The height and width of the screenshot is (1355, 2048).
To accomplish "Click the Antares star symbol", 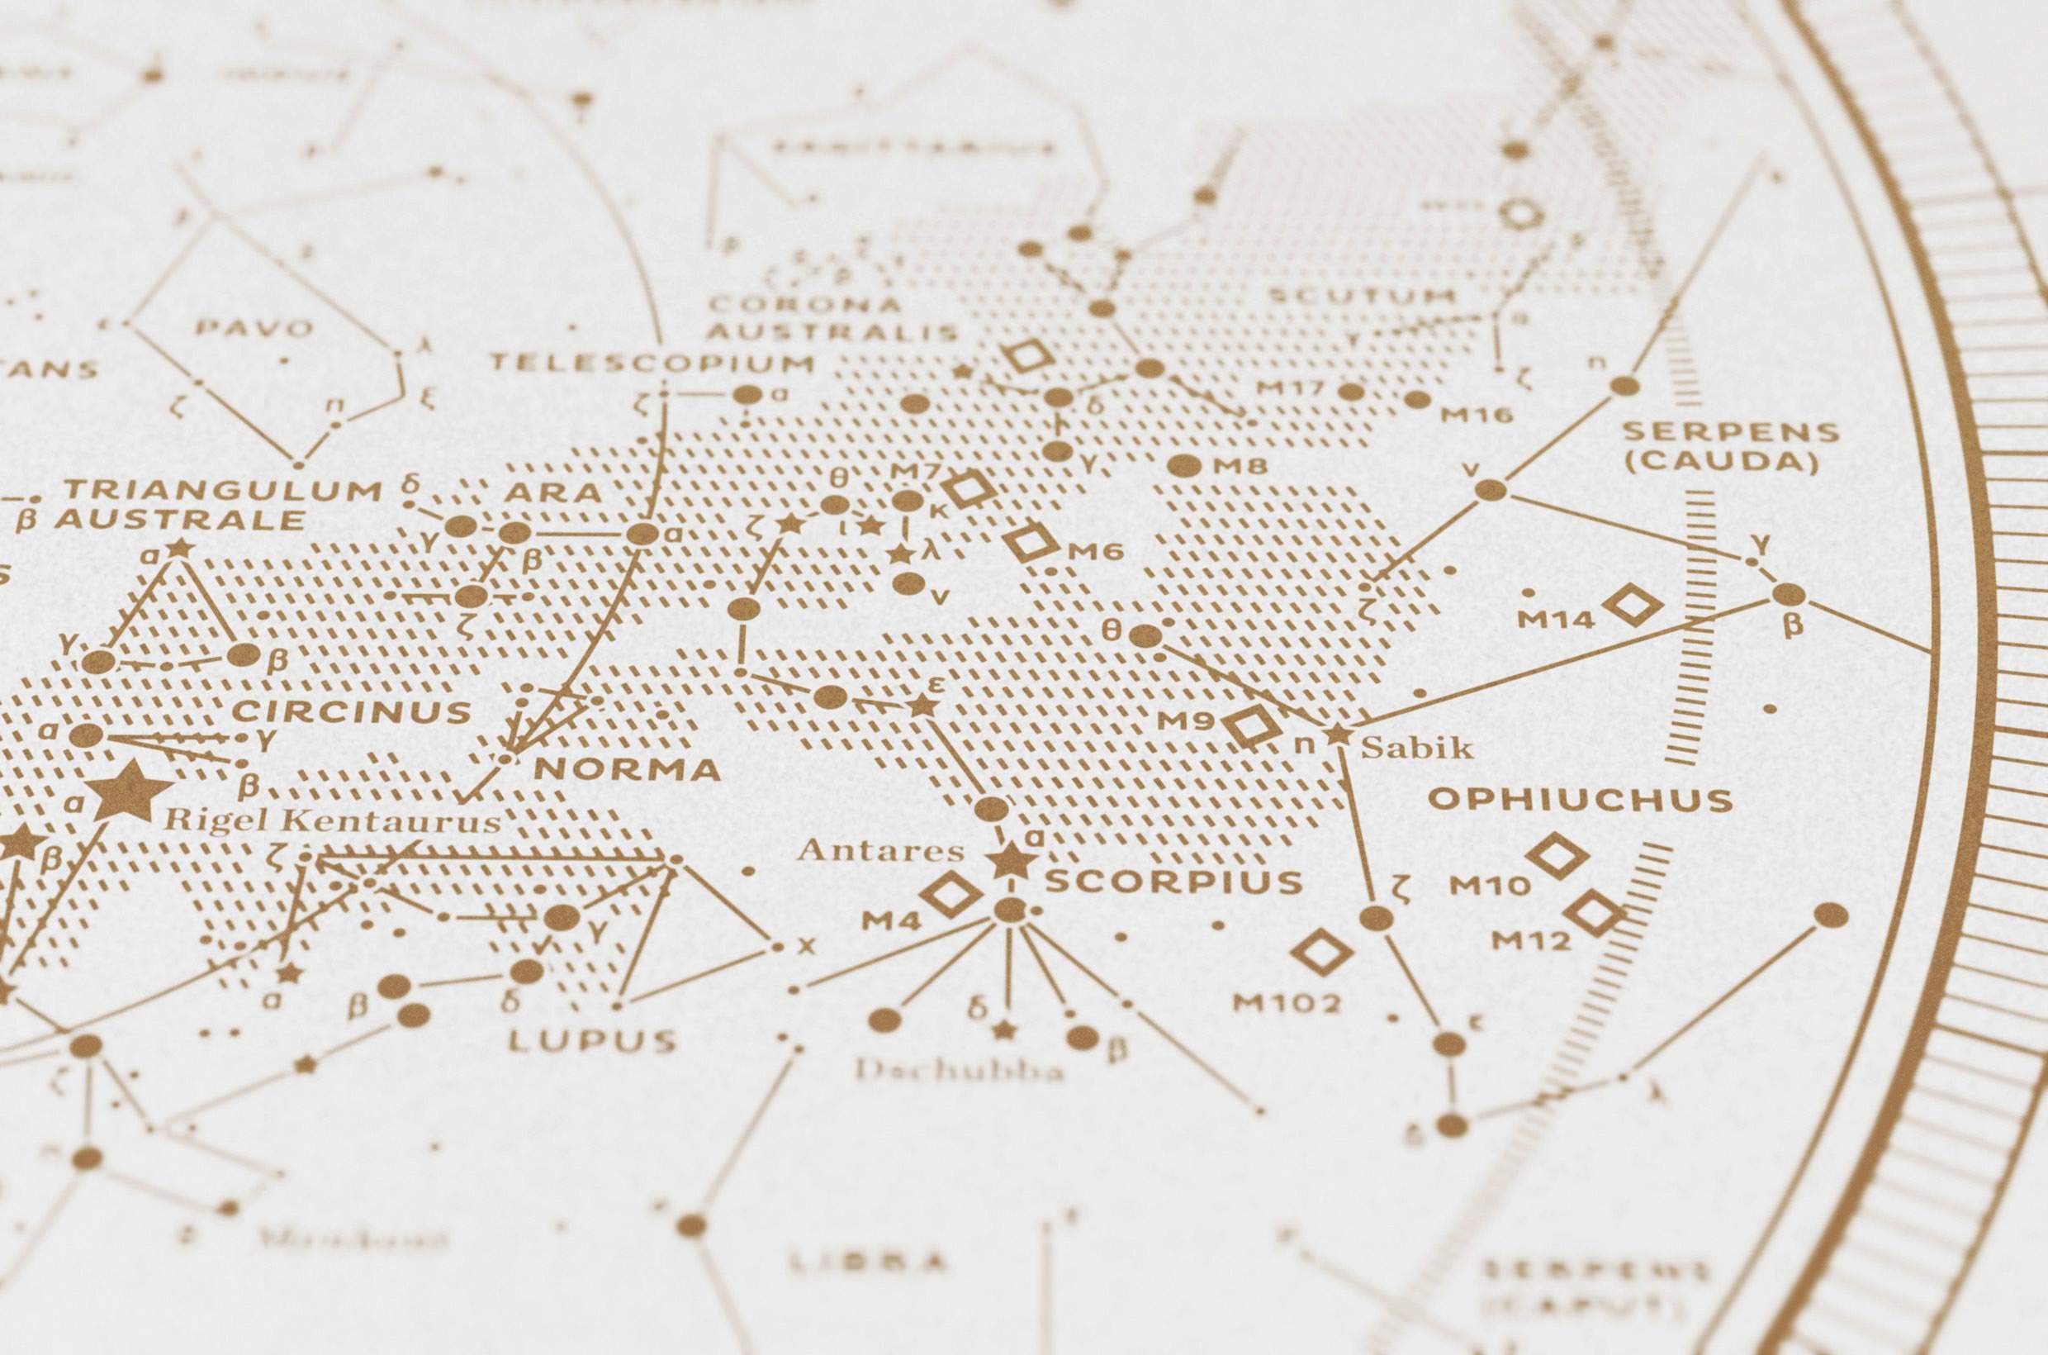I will point(1007,860).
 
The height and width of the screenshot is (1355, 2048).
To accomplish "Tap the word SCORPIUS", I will point(1173,882).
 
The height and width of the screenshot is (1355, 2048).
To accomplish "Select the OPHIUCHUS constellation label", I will point(1580,799).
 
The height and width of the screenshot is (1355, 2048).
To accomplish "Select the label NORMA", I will point(627,769).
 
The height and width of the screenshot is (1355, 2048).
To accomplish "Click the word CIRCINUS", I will point(353,712).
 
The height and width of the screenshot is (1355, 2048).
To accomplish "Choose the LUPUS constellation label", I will point(591,1040).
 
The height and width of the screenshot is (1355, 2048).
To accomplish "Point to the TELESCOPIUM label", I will point(652,363).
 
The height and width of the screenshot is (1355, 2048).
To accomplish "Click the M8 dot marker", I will point(1184,466).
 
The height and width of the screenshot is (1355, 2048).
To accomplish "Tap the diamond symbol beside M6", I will point(1031,542).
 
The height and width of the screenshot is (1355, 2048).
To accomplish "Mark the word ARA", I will point(552,492).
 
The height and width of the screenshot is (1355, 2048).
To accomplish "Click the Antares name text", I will point(880,850).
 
